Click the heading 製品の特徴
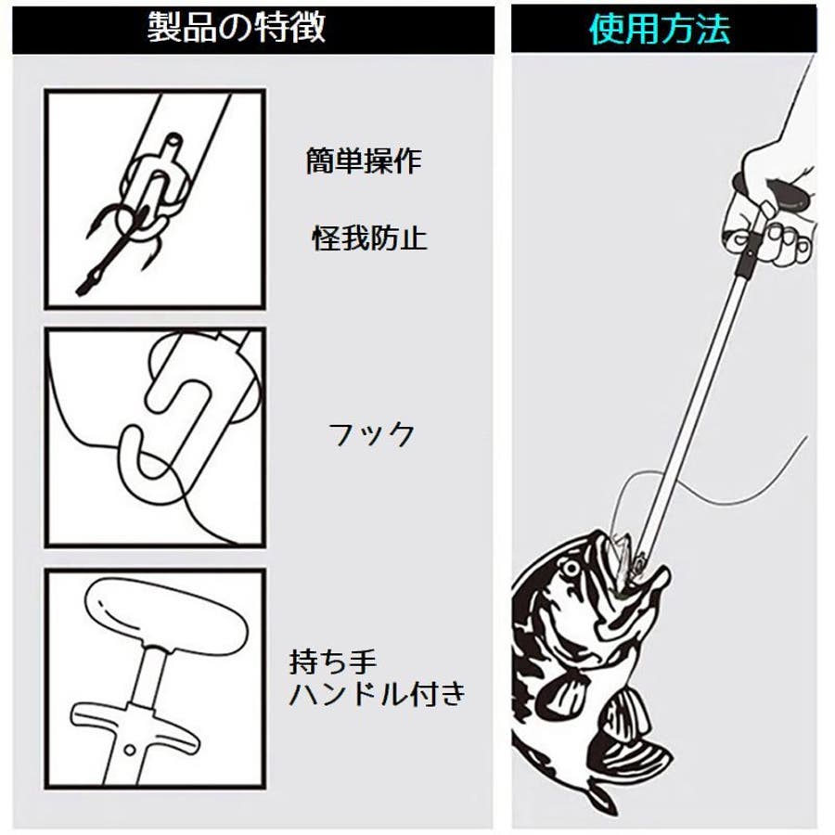[x=236, y=28]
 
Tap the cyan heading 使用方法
[x=660, y=29]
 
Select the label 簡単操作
[x=365, y=161]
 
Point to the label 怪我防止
[x=369, y=238]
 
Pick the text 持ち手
[x=333, y=662]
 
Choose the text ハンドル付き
[x=378, y=693]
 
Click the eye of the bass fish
[x=571, y=568]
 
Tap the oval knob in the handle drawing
[x=166, y=618]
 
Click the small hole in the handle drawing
[x=129, y=750]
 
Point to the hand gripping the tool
[x=772, y=205]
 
